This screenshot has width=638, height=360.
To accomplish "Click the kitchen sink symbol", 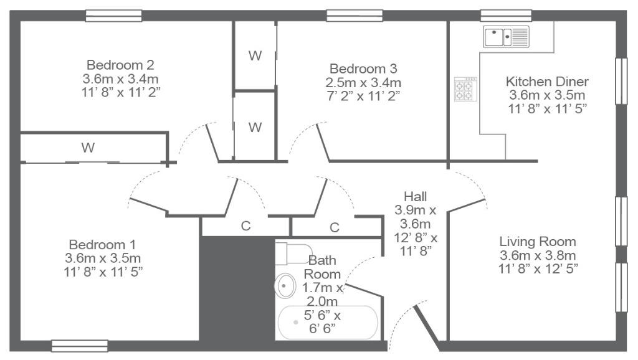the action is tap(506, 37).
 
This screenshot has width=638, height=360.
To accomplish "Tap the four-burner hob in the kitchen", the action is tap(465, 89).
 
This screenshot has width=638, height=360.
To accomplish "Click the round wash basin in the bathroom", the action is tap(285, 285).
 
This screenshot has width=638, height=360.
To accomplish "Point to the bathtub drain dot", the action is tap(295, 322).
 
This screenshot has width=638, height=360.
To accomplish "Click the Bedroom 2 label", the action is tap(120, 65).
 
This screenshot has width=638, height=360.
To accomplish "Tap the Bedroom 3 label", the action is tap(363, 69).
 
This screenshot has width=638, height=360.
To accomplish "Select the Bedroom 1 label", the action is tap(102, 245).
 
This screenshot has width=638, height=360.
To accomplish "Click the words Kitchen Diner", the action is tap(547, 82).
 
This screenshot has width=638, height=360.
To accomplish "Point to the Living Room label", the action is tap(538, 242).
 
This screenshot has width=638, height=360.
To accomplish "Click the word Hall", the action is tap(416, 197).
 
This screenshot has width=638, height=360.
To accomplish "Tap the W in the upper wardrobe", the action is tap(255, 55).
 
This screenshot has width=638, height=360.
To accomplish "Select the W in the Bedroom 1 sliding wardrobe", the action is tap(88, 147).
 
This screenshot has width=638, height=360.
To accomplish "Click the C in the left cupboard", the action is tap(245, 225).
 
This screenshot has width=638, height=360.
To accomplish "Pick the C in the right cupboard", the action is tap(335, 227).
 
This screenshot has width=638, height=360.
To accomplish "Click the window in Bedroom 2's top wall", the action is tap(113, 16).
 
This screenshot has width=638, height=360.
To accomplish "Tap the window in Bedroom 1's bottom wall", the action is tap(80, 346).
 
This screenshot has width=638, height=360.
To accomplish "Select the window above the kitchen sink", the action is tap(506, 16).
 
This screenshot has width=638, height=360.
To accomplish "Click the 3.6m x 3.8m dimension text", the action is tap(538, 255).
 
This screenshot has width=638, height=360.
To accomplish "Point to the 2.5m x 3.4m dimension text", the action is tap(363, 83).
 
